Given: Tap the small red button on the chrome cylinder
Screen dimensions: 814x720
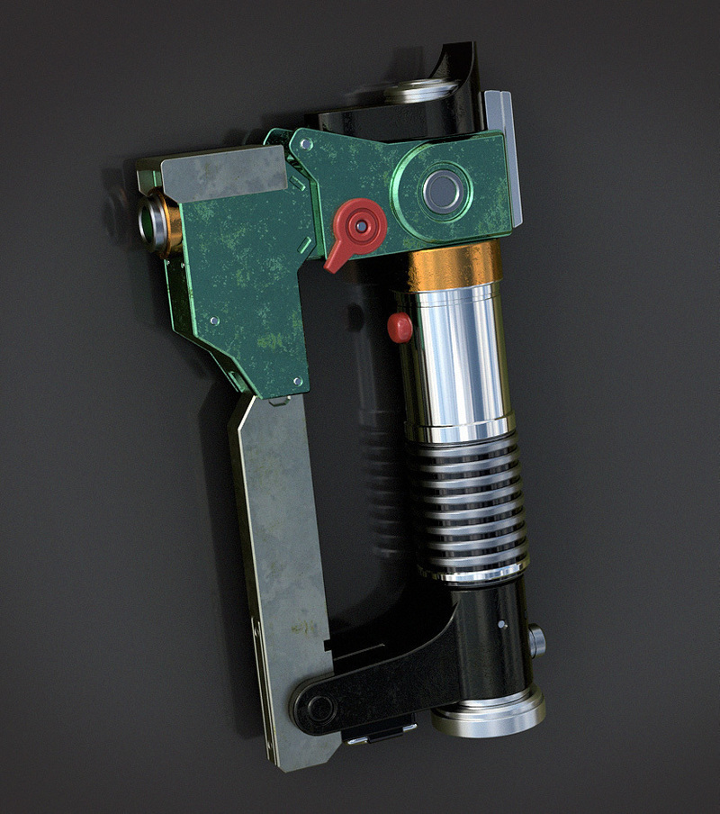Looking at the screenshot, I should coord(399,328).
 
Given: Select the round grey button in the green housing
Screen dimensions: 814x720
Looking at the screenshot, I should coord(441,191).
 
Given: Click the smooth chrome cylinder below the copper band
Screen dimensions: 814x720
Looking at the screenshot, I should coord(454,360).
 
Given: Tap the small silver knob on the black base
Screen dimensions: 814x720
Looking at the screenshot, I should coord(537,641).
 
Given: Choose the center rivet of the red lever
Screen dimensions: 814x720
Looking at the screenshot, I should coord(362,227).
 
